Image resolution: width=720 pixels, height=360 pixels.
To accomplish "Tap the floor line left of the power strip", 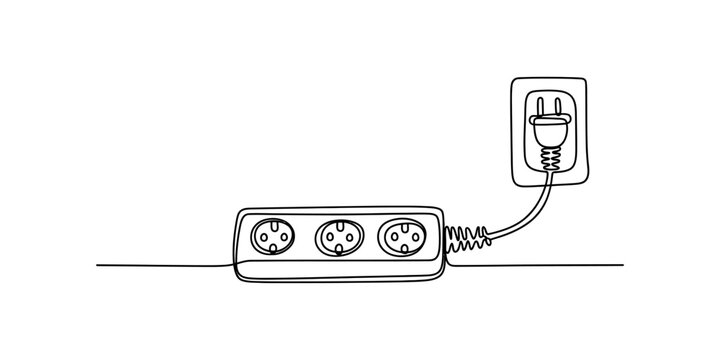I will click(160, 266).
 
